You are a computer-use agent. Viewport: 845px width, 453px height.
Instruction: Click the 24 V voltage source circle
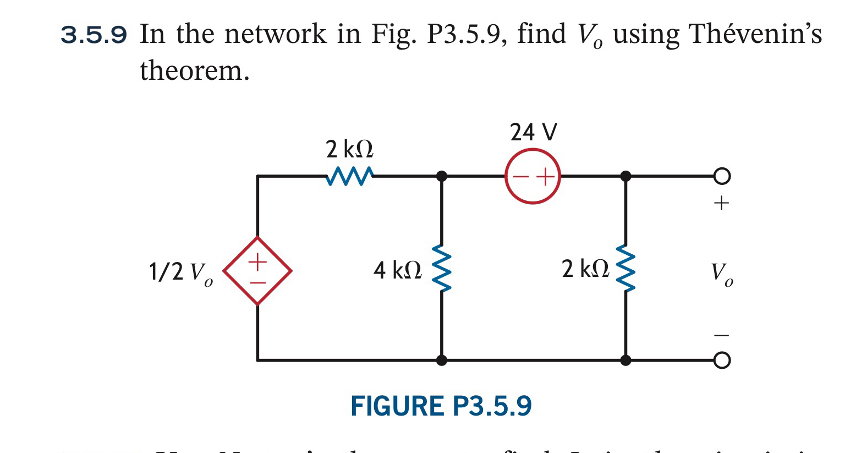[x=533, y=176]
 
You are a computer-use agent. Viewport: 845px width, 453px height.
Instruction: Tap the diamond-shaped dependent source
[x=257, y=271]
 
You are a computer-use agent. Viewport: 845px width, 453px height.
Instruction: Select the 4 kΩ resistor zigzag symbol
[x=442, y=269]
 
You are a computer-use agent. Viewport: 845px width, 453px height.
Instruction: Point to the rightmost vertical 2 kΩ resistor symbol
[x=625, y=269]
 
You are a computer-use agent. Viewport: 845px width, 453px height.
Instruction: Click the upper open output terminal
[x=722, y=176]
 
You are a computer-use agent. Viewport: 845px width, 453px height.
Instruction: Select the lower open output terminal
[x=722, y=361]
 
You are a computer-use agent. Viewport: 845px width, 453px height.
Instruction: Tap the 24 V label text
[x=533, y=133]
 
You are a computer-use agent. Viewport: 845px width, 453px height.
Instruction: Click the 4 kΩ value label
[x=397, y=270]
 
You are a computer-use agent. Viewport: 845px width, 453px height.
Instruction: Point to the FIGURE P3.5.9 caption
[x=441, y=406]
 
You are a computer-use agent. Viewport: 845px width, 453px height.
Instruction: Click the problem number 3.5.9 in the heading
[x=94, y=35]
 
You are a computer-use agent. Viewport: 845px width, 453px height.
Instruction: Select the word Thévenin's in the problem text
[x=755, y=34]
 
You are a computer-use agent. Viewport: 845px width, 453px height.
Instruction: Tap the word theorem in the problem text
[x=194, y=71]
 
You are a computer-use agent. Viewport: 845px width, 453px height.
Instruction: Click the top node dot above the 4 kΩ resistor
[x=442, y=176]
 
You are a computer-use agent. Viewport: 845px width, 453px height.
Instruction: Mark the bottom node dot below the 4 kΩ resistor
[x=442, y=361]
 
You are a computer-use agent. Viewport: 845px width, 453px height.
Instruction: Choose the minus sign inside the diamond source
[x=257, y=283]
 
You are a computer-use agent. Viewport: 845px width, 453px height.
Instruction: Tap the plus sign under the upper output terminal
[x=721, y=203]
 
